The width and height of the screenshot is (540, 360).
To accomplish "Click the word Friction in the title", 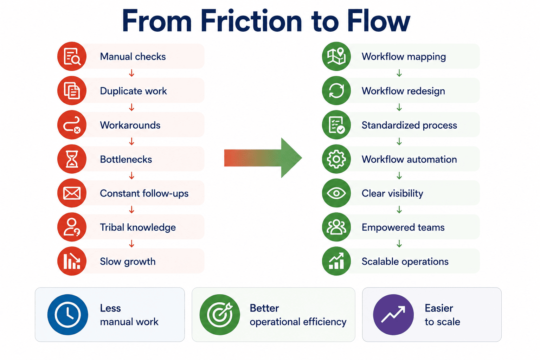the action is pyautogui.click(x=251, y=21).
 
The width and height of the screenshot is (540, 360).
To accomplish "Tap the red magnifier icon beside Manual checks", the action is pyautogui.click(x=72, y=56).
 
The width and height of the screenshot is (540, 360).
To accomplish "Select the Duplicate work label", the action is pyautogui.click(x=133, y=91).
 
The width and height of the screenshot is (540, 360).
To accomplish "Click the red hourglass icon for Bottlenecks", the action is pyautogui.click(x=72, y=159).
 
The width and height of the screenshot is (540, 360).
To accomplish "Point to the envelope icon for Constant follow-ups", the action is pyautogui.click(x=72, y=193).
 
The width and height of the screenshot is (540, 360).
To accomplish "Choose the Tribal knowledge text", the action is pyautogui.click(x=138, y=227).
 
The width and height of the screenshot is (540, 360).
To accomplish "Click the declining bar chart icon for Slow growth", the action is pyautogui.click(x=72, y=261).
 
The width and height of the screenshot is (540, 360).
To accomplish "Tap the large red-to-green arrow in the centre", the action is pyautogui.click(x=263, y=158).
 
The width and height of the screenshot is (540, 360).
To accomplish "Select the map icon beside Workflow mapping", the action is pyautogui.click(x=336, y=56).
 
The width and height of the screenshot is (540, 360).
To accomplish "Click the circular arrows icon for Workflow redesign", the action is pyautogui.click(x=336, y=91).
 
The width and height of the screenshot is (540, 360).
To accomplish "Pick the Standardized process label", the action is pyautogui.click(x=409, y=126).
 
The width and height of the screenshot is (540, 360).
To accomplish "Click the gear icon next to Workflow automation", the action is pyautogui.click(x=336, y=159).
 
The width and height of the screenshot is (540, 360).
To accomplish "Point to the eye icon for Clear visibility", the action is pyautogui.click(x=336, y=193).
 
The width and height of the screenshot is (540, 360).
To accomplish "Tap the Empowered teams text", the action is pyautogui.click(x=403, y=227).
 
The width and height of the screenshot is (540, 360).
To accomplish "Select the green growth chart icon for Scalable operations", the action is pyautogui.click(x=336, y=261).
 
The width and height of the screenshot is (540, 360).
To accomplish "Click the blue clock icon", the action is pyautogui.click(x=68, y=315).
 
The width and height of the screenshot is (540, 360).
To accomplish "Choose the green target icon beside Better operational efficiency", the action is pyautogui.click(x=220, y=315).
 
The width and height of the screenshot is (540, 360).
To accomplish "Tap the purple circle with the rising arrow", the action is pyautogui.click(x=393, y=315).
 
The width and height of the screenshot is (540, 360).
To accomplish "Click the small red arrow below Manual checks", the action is pyautogui.click(x=131, y=73).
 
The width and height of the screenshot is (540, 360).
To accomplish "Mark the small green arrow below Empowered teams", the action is pyautogui.click(x=399, y=244).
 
